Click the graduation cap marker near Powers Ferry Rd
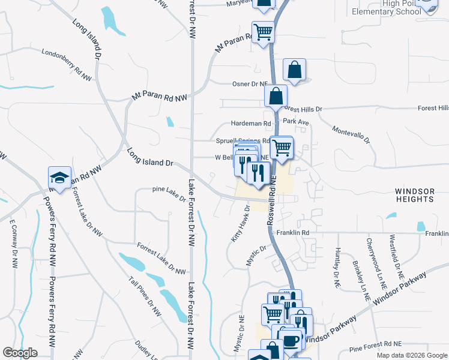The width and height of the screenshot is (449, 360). (x=60, y=178)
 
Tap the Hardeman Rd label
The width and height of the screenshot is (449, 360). (x=247, y=123)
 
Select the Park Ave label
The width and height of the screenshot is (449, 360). (x=295, y=122)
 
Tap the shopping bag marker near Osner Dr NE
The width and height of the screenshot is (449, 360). (x=294, y=70)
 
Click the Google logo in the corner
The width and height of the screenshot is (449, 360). (x=20, y=353)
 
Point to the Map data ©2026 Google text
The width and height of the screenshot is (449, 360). (x=411, y=355)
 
